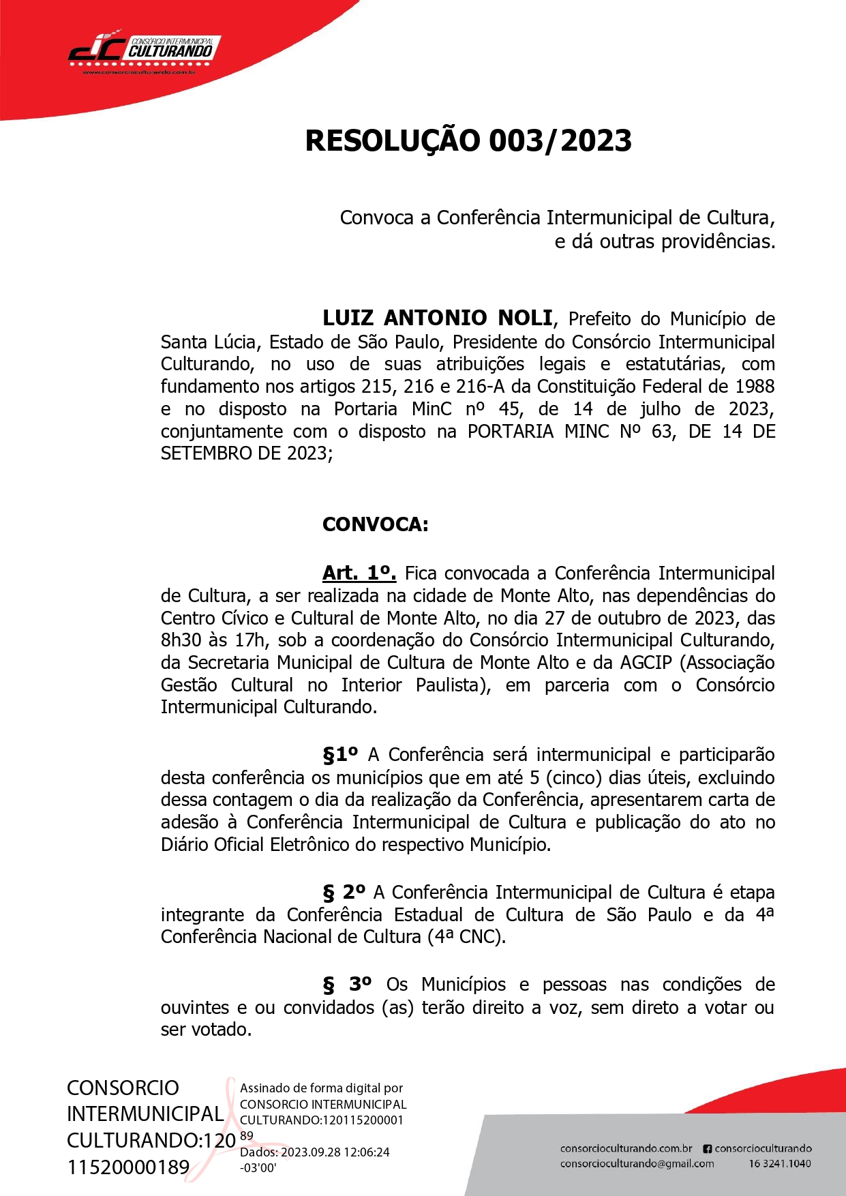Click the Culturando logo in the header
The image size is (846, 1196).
coord(144,50)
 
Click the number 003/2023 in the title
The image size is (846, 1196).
coord(560,140)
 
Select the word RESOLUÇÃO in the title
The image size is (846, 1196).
coord(393,140)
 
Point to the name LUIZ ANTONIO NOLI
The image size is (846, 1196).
coord(437,318)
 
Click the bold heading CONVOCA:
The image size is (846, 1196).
coord(375,524)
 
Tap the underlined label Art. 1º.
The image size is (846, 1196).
coord(359,573)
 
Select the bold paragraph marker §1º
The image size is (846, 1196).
coord(340,755)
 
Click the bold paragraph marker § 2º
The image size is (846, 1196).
coord(344,893)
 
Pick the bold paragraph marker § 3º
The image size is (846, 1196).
coord(347,985)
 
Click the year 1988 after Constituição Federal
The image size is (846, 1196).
coord(754,387)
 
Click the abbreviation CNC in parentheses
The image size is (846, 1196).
coord(479,937)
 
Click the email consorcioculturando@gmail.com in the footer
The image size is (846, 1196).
coord(637,1164)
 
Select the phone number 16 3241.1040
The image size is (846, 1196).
coord(780,1164)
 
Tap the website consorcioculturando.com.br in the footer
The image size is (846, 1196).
coord(626,1148)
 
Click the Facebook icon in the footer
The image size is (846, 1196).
coord(707,1148)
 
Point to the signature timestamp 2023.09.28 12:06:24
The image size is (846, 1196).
coord(335,1152)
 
